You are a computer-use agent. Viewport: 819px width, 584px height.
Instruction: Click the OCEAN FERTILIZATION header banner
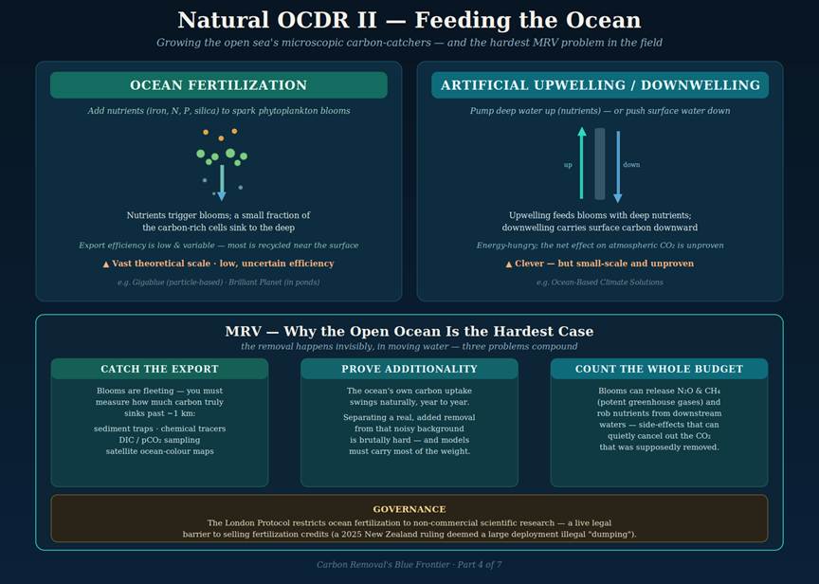tap(218, 85)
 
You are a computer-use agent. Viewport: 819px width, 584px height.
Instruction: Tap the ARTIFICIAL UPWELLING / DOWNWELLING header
tap(600, 85)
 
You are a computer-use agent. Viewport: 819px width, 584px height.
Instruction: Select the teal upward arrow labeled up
tap(582, 162)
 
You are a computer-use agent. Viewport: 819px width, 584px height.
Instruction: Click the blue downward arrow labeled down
tap(618, 167)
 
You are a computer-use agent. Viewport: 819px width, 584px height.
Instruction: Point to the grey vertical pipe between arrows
tap(600, 163)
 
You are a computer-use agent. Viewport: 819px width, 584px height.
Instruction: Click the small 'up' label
tap(568, 165)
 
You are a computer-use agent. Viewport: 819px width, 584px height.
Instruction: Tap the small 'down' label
tap(631, 165)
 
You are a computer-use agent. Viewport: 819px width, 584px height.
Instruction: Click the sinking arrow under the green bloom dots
tap(222, 183)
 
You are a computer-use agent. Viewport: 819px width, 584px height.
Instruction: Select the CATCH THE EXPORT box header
tap(159, 369)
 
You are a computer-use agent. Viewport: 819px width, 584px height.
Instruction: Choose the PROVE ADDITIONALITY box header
tap(409, 369)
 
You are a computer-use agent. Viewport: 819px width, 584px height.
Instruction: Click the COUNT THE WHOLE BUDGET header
tap(659, 369)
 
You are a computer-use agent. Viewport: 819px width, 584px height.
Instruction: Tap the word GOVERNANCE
tap(409, 509)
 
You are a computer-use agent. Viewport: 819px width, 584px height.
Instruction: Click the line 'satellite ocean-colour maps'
tap(160, 451)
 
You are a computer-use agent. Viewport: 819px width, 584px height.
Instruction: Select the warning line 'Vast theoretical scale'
tap(218, 264)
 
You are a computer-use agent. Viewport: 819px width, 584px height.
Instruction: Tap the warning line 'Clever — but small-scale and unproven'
tap(600, 264)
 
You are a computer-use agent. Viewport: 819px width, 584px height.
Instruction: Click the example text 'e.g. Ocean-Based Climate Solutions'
tap(600, 283)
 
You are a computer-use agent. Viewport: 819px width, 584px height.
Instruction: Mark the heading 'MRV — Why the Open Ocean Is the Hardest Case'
tap(409, 331)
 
